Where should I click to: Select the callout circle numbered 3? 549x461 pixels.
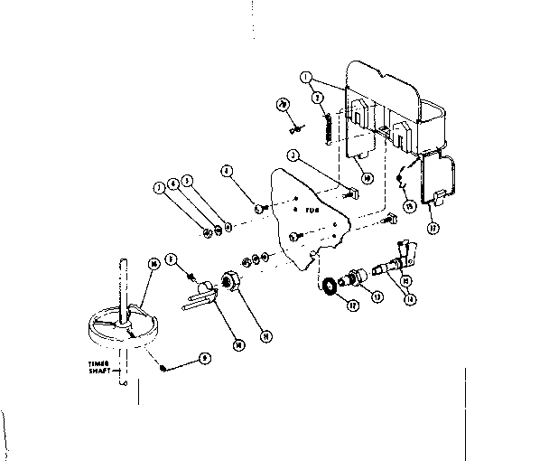(x=292, y=155)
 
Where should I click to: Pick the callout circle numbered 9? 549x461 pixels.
(x=207, y=358)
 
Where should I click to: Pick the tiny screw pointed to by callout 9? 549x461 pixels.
(x=161, y=366)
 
